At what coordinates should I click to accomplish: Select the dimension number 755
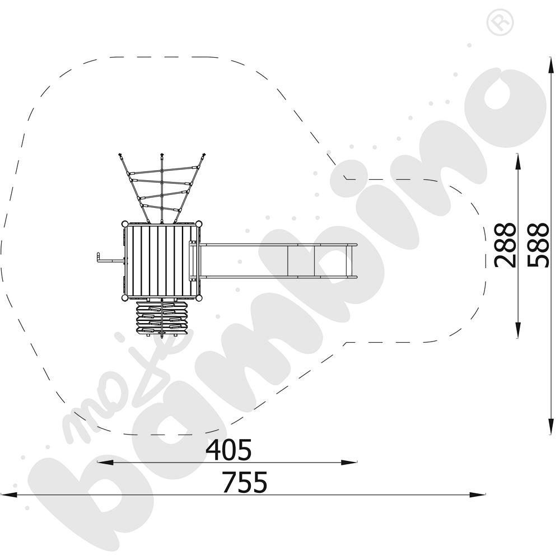(245, 482)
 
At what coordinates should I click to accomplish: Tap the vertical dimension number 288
(505, 245)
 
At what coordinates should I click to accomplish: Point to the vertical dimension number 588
(538, 245)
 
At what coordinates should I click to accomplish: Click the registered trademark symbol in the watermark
(500, 22)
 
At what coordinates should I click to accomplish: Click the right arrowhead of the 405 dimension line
(349, 463)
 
